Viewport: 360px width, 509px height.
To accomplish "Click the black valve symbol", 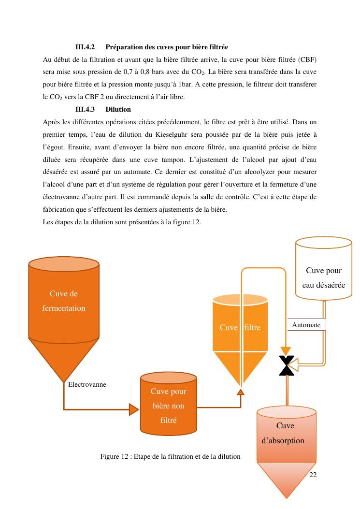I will click(287, 365).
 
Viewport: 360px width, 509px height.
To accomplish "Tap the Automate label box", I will click(306, 325).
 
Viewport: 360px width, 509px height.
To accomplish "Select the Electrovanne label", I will click(87, 384).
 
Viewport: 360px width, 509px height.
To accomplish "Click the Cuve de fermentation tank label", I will click(64, 301).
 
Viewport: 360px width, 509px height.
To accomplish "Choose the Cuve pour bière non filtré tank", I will click(168, 405).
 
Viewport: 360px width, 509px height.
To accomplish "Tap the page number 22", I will click(313, 475).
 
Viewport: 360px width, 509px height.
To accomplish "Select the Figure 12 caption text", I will click(170, 456).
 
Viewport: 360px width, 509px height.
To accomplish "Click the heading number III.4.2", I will click(85, 47).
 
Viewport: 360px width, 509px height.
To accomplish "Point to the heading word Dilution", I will click(118, 109).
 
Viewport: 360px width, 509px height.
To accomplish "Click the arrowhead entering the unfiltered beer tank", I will click(133, 409).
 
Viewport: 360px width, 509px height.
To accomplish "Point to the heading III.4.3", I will click(85, 109).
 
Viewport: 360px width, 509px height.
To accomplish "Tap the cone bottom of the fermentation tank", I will click(64, 358).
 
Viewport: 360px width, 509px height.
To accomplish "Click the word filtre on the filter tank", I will click(252, 327).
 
